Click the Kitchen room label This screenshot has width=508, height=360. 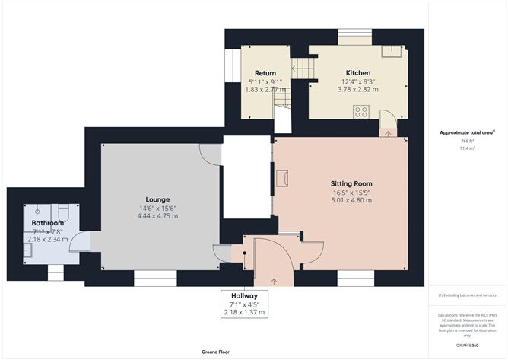click(357, 73)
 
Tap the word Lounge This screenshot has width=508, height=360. click(157, 199)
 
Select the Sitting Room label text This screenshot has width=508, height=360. click(351, 184)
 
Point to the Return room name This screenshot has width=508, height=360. click(265, 73)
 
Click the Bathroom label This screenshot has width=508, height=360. click(48, 224)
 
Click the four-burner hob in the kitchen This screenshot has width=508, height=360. click(362, 111)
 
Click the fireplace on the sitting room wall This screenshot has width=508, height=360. click(284, 178)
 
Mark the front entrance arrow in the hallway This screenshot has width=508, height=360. click(272, 282)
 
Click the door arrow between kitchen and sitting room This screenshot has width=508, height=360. click(387, 134)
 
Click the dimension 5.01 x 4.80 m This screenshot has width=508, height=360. click(351, 200)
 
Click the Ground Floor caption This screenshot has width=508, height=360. click(217, 352)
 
